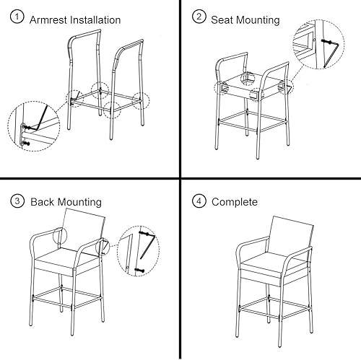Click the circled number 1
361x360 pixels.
coord(17,19)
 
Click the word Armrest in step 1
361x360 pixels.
coord(51,19)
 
